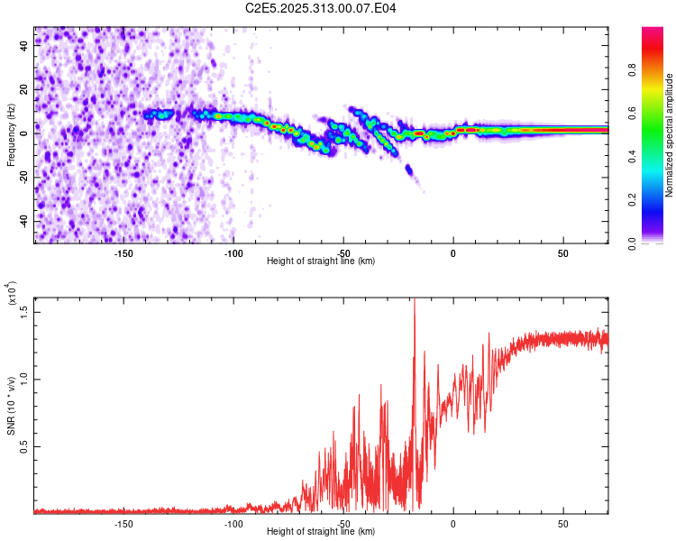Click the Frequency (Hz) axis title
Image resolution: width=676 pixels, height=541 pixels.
(11, 135)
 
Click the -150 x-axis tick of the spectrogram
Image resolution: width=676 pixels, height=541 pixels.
(123, 253)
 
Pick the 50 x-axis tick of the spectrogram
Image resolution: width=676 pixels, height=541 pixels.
(563, 253)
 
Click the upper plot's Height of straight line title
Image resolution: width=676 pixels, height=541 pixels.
(321, 261)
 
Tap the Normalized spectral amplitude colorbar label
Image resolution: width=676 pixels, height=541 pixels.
(670, 135)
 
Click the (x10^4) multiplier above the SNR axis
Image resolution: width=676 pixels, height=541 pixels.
(12, 294)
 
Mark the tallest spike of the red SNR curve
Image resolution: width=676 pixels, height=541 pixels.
(415, 301)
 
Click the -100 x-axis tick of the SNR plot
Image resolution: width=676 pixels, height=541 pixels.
(233, 524)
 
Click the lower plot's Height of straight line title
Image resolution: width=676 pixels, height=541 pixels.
(321, 531)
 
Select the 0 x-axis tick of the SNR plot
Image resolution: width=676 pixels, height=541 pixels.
(453, 524)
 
